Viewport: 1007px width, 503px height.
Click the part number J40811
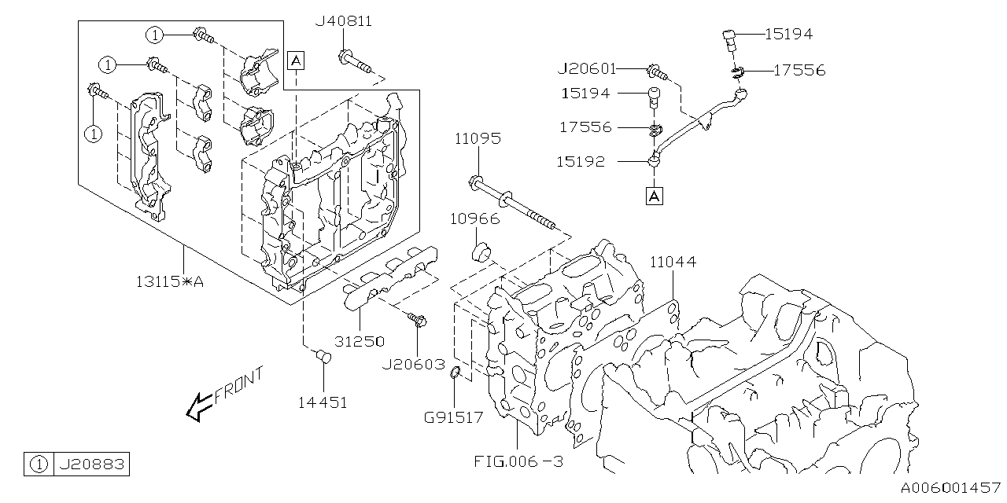pos(343,21)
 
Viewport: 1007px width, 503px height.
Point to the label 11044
pos(673,262)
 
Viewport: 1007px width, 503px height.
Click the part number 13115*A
pos(168,281)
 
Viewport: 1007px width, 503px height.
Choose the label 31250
pos(360,341)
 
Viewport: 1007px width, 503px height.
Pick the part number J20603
pos(414,365)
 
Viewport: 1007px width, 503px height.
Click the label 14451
pos(322,402)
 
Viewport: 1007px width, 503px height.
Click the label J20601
pos(586,69)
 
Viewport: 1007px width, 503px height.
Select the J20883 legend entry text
pos(90,464)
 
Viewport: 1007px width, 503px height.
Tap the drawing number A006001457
pos(950,489)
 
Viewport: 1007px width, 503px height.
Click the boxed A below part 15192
pos(654,196)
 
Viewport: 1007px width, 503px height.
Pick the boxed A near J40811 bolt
pos(295,60)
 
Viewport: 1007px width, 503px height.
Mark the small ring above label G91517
pos(455,383)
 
